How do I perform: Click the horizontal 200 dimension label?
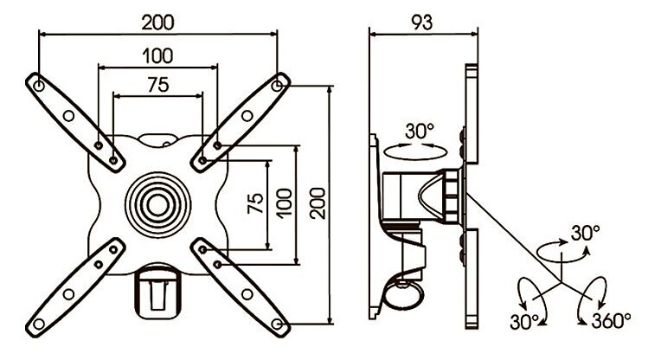[157, 22]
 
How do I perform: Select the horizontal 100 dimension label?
[157, 55]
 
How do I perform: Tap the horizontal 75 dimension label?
[158, 85]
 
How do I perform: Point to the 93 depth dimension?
[422, 22]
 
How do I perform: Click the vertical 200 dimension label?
[318, 203]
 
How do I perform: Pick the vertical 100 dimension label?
[285, 203]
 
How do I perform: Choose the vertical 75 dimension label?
[256, 203]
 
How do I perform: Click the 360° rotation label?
[611, 320]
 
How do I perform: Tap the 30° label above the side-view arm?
[420, 131]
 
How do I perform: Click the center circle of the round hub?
[157, 205]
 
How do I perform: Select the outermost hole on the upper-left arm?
[39, 86]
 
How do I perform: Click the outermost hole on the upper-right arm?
[278, 86]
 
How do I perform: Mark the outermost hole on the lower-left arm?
[39, 324]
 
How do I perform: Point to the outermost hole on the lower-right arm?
[278, 324]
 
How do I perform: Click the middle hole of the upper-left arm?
[68, 116]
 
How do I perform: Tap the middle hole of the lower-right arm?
[247, 294]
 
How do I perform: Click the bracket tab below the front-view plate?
[158, 292]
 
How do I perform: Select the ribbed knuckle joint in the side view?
[452, 196]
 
